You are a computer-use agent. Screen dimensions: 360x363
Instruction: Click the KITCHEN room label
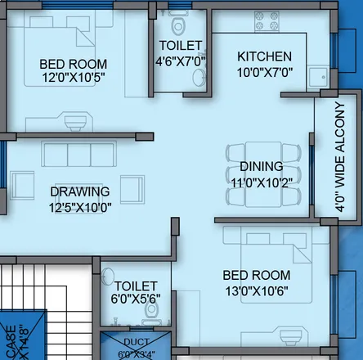[x=264, y=56]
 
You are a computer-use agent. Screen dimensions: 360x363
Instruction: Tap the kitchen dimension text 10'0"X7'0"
[x=264, y=72]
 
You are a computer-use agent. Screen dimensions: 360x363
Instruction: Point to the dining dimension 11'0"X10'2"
[x=256, y=182]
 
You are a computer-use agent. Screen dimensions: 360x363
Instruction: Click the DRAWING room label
[x=79, y=191]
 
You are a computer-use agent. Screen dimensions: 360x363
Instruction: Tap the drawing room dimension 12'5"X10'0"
[x=79, y=207]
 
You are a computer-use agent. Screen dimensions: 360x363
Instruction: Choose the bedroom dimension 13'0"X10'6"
[x=258, y=290]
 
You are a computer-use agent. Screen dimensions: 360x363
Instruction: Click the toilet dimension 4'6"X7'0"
[x=181, y=61]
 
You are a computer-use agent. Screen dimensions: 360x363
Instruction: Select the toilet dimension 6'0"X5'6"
[x=136, y=300]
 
